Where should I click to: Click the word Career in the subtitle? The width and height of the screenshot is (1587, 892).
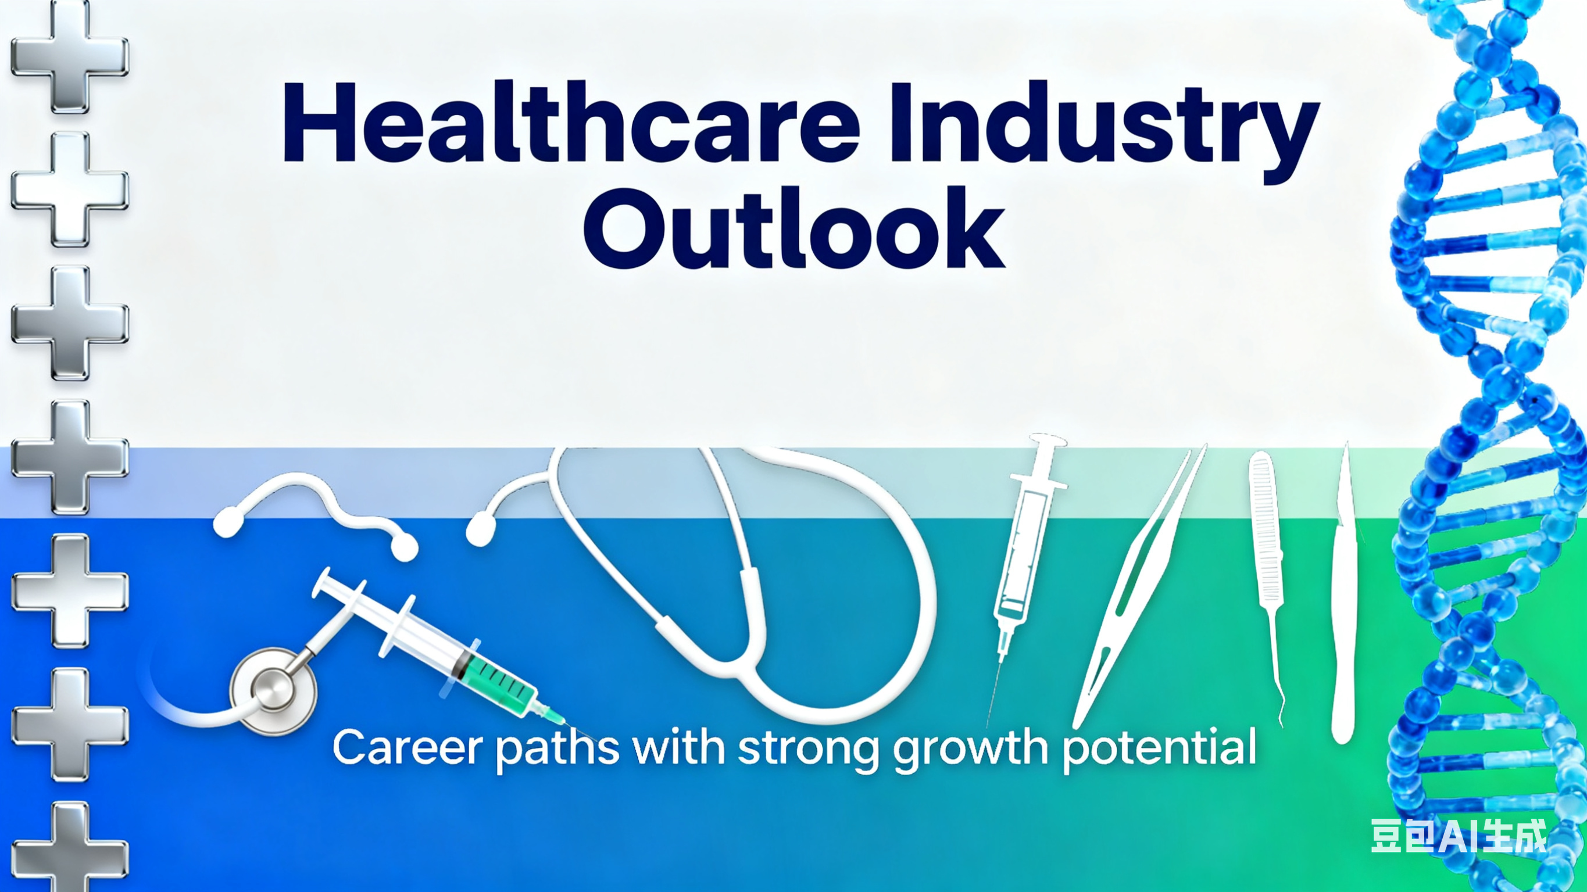click(x=408, y=747)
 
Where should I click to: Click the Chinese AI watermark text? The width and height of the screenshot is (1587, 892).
click(x=1459, y=836)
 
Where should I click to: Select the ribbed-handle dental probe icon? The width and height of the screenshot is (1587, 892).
click(x=1267, y=554)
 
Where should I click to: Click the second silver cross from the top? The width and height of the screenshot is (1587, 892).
click(x=70, y=189)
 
